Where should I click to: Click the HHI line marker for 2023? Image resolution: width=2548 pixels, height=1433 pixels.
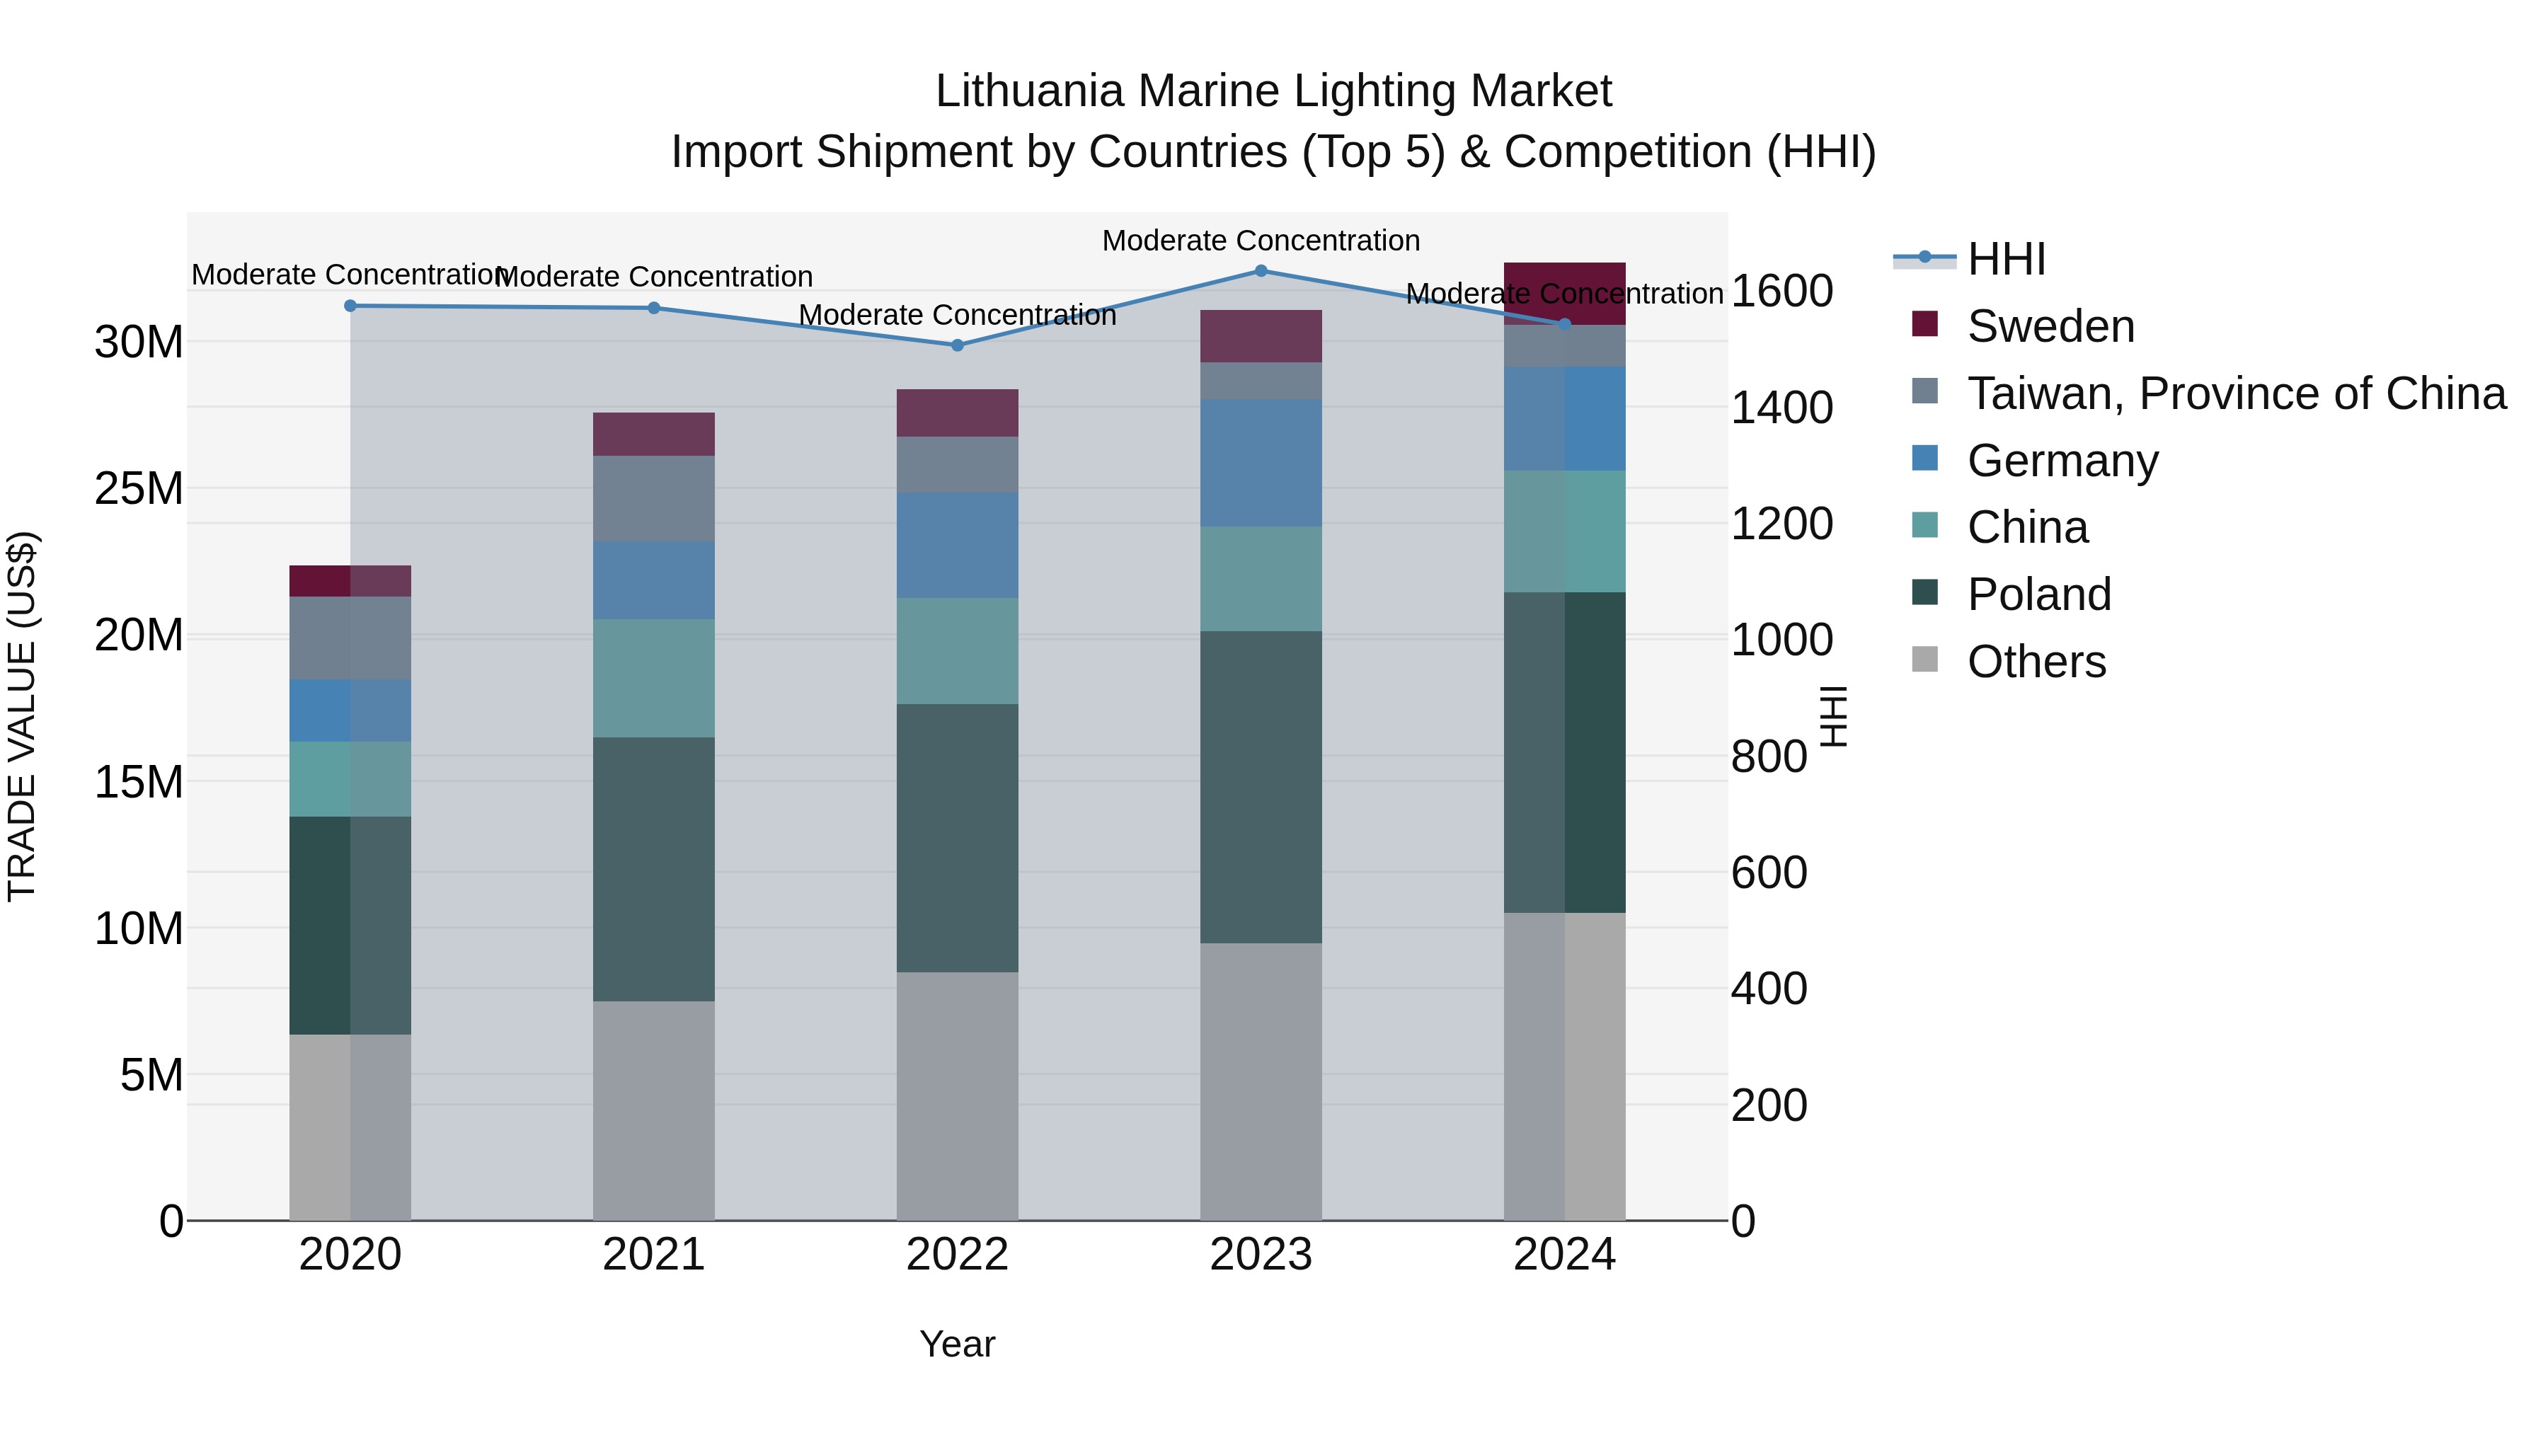pos(1261,271)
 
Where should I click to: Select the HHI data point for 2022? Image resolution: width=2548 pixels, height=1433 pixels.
pos(958,345)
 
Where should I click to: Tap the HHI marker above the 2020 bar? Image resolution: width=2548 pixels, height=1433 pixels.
pos(350,306)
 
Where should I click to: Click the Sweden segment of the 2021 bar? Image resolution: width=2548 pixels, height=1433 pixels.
pos(654,434)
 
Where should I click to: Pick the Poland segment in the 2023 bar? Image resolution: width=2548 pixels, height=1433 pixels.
pos(1261,786)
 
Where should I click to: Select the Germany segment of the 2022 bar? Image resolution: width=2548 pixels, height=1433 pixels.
pos(958,545)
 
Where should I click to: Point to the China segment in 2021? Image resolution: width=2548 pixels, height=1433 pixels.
pos(654,679)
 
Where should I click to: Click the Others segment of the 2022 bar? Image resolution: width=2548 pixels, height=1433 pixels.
pos(958,1095)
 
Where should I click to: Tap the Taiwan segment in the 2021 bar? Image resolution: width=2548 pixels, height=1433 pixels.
pos(654,498)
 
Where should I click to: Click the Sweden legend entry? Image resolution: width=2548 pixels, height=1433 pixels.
pos(2050,326)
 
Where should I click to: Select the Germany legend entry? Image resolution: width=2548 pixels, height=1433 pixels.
pos(2062,461)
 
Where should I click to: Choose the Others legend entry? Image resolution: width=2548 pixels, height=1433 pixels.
pos(2036,662)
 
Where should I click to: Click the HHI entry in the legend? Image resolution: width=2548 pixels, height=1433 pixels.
pos(2006,259)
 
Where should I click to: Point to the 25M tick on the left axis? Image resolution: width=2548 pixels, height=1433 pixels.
pos(139,488)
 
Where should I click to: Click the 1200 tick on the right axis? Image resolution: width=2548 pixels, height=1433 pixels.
pos(1781,524)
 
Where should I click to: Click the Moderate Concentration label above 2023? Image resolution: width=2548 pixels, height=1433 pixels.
pos(1261,241)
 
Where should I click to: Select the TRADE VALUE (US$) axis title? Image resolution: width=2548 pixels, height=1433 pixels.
pos(22,716)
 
